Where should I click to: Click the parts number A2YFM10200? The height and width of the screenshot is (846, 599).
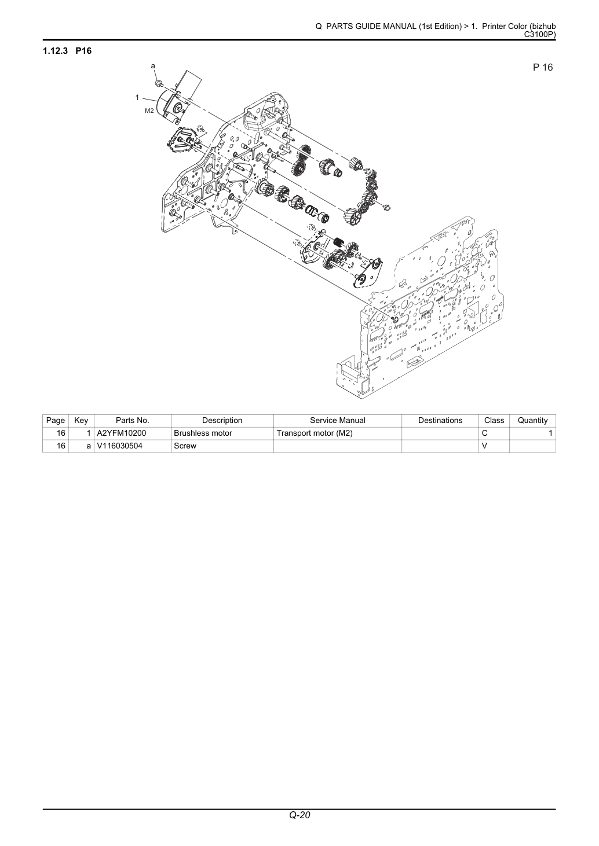(122, 433)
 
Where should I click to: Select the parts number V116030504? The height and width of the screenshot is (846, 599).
(119, 446)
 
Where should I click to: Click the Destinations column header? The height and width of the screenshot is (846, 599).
(440, 420)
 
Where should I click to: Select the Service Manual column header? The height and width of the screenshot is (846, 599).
(338, 420)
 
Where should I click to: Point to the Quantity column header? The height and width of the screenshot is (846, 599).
(532, 421)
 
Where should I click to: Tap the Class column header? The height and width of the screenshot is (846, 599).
(494, 420)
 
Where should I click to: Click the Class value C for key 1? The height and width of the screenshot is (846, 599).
(485, 433)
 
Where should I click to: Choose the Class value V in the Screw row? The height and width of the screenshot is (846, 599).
(484, 446)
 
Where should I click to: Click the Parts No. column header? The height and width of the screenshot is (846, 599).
(132, 420)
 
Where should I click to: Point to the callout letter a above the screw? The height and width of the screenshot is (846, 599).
(153, 66)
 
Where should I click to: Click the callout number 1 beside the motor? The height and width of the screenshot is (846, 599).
(137, 97)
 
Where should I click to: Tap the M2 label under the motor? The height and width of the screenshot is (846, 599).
(149, 111)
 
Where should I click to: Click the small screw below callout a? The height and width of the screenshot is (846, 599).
(159, 82)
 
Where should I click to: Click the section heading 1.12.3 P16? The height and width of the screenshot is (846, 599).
(67, 50)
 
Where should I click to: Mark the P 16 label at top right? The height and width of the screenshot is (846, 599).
(543, 67)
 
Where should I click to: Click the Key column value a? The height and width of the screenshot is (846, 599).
(89, 446)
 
